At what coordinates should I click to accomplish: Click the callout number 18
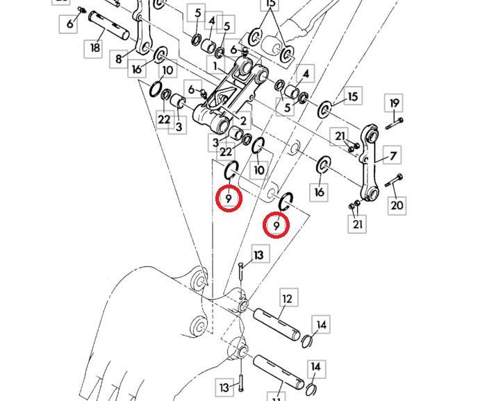click(x=95, y=48)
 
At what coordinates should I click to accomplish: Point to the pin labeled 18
click(x=109, y=26)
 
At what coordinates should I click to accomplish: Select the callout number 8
click(x=119, y=59)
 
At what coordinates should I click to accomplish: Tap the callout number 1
click(x=215, y=65)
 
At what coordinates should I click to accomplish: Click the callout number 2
click(x=243, y=121)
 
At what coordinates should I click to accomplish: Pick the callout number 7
click(x=393, y=156)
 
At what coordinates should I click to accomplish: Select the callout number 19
click(x=394, y=103)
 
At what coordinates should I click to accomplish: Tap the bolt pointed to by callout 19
click(x=394, y=123)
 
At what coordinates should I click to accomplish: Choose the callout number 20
click(x=397, y=205)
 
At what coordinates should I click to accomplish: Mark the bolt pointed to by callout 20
click(x=394, y=180)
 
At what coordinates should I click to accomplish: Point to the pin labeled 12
click(x=277, y=325)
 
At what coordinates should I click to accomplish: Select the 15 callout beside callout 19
click(x=352, y=96)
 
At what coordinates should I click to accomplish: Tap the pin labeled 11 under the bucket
click(x=279, y=372)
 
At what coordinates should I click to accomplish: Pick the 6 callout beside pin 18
click(x=70, y=24)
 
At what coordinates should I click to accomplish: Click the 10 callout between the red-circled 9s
click(x=259, y=170)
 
